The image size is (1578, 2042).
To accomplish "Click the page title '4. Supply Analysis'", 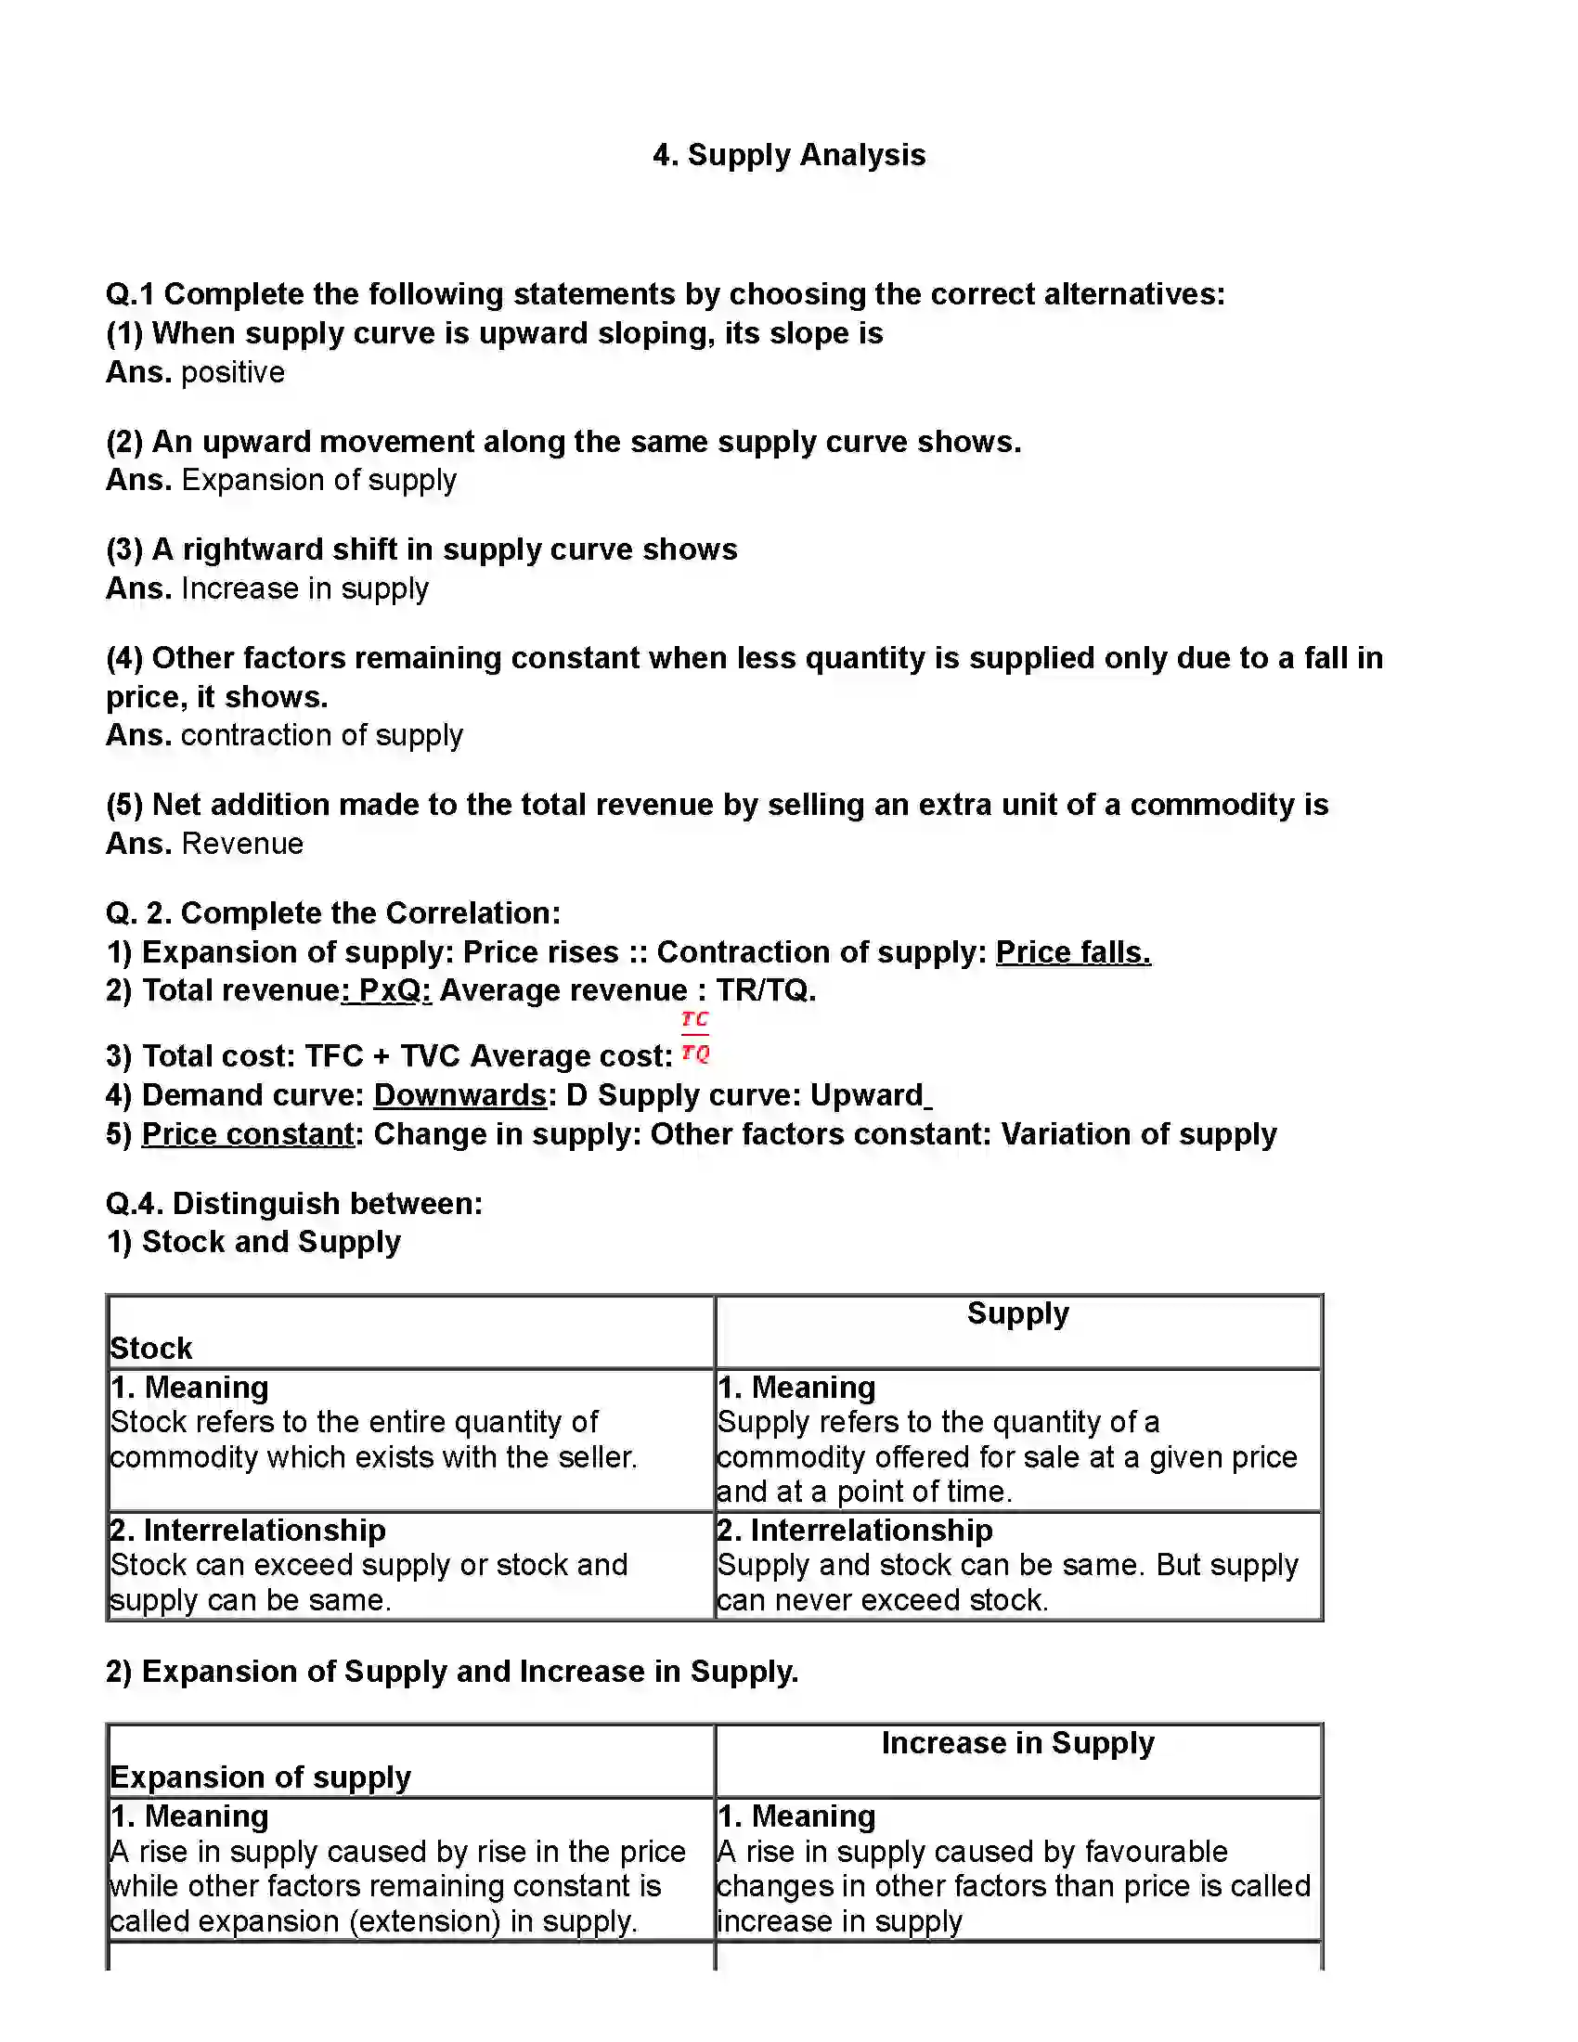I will tap(788, 155).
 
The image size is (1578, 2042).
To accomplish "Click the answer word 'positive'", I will tap(233, 372).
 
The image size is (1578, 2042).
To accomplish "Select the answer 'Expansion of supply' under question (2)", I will tap(318, 480).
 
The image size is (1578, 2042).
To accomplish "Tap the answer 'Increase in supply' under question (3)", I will tap(304, 588).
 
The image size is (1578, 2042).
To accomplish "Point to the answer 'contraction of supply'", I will tap(321, 735).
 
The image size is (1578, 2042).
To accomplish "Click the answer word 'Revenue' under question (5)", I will tap(242, 844).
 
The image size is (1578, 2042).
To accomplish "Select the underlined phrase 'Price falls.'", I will tap(1072, 951).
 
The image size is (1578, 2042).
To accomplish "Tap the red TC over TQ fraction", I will tap(694, 1036).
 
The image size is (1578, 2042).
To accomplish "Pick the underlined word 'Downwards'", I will tap(459, 1095).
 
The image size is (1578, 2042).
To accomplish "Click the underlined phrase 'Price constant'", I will tap(248, 1134).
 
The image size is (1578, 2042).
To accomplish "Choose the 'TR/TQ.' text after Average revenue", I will tap(766, 990).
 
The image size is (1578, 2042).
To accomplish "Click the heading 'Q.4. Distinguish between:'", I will tap(293, 1203).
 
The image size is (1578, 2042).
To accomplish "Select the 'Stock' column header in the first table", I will tap(151, 1349).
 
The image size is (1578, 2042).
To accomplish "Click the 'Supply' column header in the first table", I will tap(1017, 1313).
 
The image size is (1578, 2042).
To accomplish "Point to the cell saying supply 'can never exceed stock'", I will tap(1007, 1582).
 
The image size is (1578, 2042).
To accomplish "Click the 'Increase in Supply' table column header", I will tap(1017, 1743).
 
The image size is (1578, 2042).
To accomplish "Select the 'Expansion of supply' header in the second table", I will tap(260, 1777).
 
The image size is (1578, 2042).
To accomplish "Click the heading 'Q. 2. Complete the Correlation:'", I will tap(333, 912).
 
